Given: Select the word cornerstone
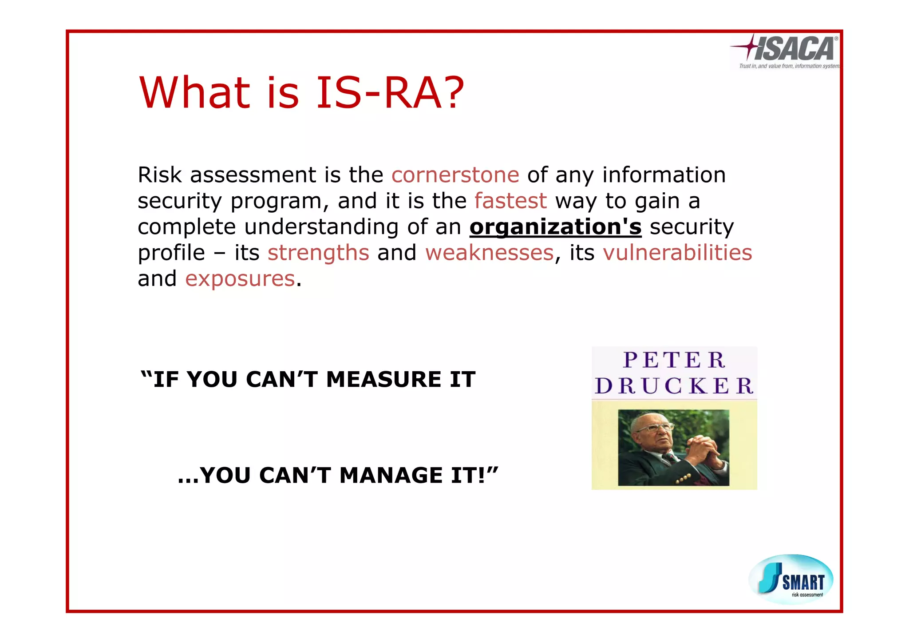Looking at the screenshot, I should [x=455, y=175].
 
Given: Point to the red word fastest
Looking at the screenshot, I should [x=510, y=201].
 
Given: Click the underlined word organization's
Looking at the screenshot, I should [x=555, y=227].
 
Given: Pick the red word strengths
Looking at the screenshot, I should [x=318, y=253].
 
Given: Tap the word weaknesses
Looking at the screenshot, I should [x=490, y=253].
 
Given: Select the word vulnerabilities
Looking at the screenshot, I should [x=677, y=253].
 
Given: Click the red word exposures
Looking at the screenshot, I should [x=240, y=279].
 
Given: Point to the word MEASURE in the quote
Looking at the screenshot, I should [x=383, y=380].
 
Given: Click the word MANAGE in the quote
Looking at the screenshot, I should [x=391, y=476].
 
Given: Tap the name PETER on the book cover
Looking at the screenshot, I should [x=674, y=360].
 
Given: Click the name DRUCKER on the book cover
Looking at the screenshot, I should [x=674, y=386].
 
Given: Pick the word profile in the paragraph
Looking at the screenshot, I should [x=171, y=253].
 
